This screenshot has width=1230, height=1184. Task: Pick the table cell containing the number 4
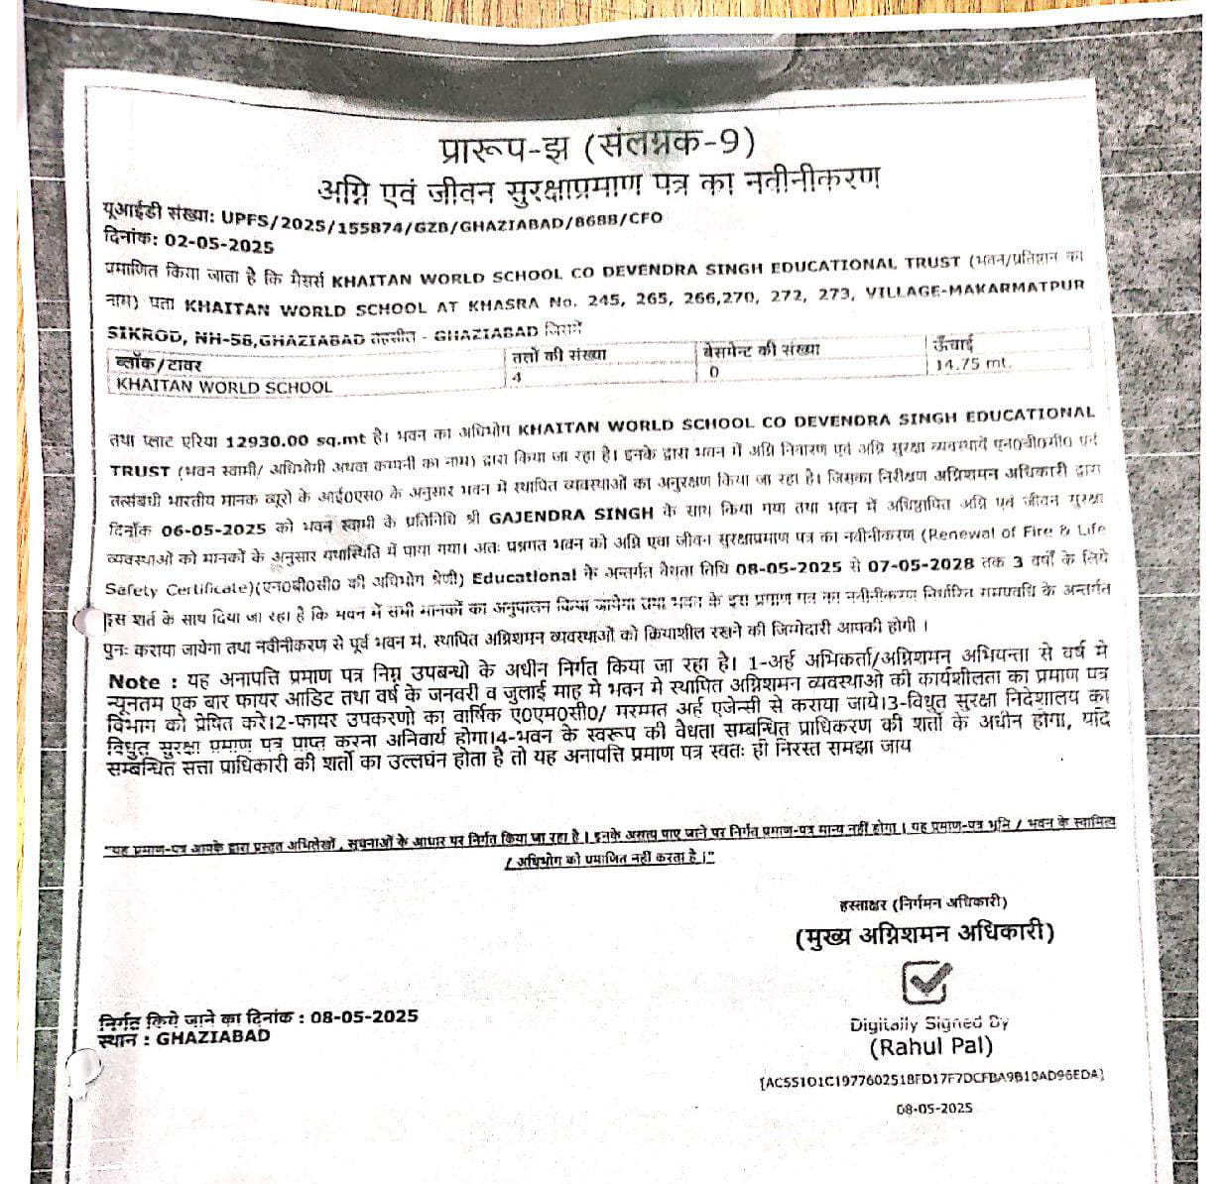[x=517, y=378]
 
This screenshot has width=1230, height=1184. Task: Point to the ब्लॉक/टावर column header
[x=159, y=365]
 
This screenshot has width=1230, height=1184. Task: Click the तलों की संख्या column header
[x=558, y=355]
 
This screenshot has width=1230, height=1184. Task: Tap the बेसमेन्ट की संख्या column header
[x=761, y=349]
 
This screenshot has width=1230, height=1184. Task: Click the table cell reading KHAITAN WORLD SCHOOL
[x=224, y=387]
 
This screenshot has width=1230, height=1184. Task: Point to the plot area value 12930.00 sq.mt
[x=297, y=439]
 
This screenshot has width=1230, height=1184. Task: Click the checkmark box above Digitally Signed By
[x=926, y=983]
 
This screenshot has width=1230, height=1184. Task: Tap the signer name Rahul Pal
[x=930, y=1046]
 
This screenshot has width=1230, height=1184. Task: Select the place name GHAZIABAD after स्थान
[x=212, y=1037]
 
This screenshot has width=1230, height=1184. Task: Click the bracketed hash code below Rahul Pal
[x=931, y=1076]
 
